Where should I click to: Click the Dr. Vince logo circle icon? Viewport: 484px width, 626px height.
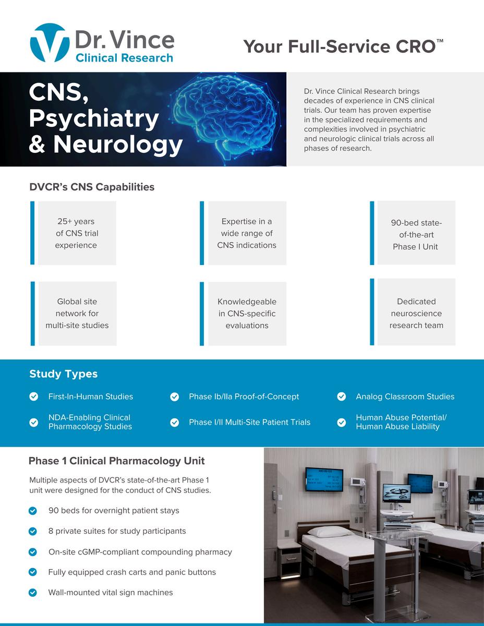[x=50, y=43]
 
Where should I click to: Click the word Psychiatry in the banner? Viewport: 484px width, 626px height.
[x=93, y=118]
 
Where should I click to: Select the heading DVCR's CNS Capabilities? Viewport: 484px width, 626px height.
[x=92, y=187]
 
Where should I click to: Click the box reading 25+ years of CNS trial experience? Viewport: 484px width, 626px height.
[x=77, y=233]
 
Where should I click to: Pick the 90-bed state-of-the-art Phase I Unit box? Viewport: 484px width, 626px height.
[x=416, y=234]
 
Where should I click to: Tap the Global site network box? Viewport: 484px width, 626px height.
[x=77, y=314]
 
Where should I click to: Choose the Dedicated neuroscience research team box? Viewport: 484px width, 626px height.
[x=416, y=313]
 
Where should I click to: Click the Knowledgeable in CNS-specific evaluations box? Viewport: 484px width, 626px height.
[x=247, y=314]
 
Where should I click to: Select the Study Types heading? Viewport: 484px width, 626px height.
[x=63, y=374]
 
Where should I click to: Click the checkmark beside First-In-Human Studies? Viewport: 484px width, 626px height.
[x=34, y=397]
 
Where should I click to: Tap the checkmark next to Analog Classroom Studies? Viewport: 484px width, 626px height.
[x=342, y=397]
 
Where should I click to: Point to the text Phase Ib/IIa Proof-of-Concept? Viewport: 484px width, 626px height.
[x=244, y=396]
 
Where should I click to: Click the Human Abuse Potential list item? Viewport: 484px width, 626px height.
[x=401, y=422]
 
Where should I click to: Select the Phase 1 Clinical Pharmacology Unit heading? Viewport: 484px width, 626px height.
[x=116, y=461]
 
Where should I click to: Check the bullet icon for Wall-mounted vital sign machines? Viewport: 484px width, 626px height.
[x=33, y=593]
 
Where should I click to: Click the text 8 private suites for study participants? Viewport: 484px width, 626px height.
[x=117, y=531]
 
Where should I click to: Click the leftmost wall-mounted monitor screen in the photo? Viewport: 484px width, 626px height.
[x=324, y=479]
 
